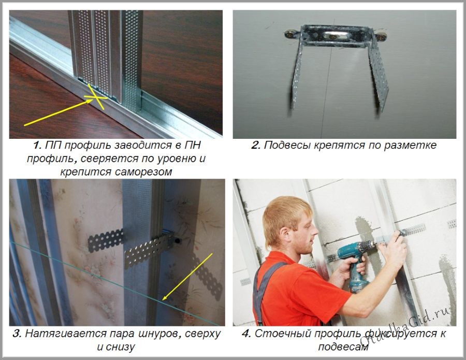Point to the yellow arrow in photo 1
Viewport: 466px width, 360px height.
(58, 113)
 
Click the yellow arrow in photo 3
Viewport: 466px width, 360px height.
(187, 277)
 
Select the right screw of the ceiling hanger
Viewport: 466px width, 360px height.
(381, 37)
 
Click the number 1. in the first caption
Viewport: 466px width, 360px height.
(37, 146)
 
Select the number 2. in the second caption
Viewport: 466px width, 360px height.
(256, 146)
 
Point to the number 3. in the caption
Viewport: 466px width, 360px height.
(17, 334)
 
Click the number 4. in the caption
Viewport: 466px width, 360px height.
(246, 334)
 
